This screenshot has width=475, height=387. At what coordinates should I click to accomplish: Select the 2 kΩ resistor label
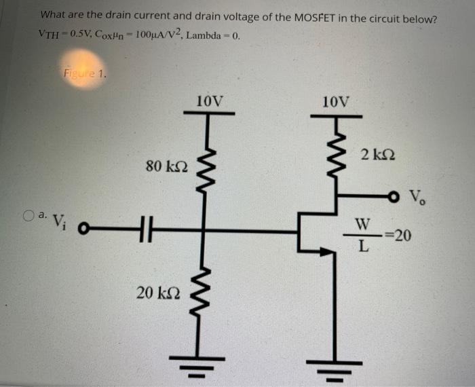click(x=375, y=155)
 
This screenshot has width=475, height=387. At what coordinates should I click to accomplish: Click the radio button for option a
click(x=28, y=216)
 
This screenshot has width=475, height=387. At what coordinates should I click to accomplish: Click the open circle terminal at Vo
click(x=394, y=197)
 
